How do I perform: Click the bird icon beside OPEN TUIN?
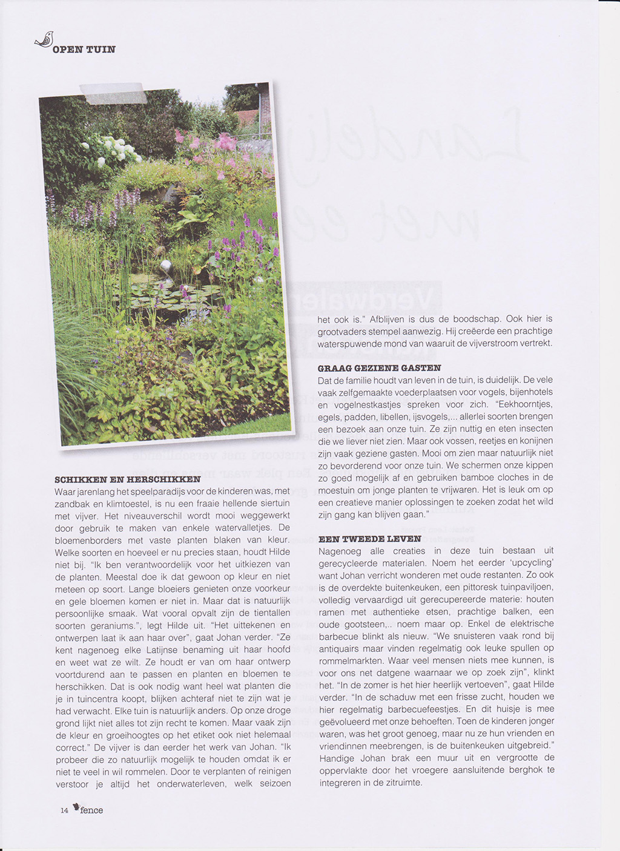(44, 40)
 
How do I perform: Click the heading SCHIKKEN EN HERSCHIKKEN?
(127, 479)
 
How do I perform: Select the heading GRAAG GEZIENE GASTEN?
(379, 368)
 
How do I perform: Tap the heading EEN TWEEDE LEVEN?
(369, 539)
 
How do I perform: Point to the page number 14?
(64, 811)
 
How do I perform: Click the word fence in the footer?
(91, 810)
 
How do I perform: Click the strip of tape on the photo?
(113, 93)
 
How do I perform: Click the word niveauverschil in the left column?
(149, 516)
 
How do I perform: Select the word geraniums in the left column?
(108, 625)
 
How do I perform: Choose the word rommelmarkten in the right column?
(351, 660)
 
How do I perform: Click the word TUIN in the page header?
(101, 50)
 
